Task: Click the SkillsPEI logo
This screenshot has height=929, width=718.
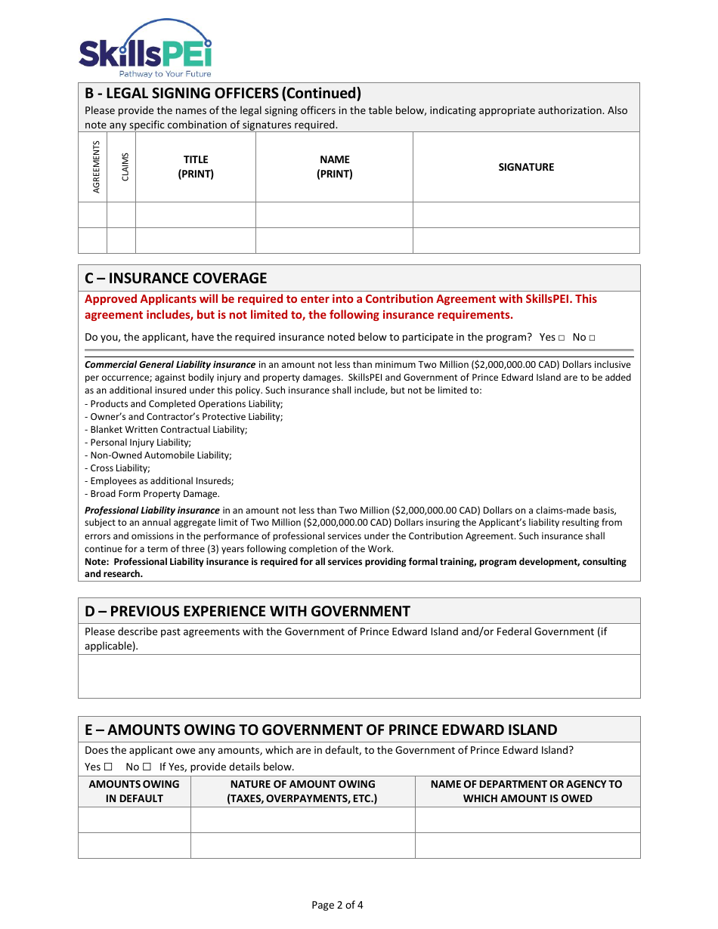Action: [x=145, y=48]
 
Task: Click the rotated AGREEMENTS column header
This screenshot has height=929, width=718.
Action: [x=96, y=167]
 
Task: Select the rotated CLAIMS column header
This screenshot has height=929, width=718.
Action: [x=125, y=167]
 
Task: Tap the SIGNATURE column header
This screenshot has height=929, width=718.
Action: [x=526, y=167]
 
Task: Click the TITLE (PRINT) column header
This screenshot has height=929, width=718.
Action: [x=196, y=167]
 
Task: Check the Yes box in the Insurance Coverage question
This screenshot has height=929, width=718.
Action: [x=562, y=338]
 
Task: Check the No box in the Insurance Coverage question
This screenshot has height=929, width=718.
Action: [x=592, y=338]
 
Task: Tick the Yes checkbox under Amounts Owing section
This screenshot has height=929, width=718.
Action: [x=107, y=767]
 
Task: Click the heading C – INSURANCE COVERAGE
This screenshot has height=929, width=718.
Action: [x=175, y=278]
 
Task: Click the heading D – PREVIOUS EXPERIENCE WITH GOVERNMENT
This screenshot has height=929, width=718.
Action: [x=247, y=611]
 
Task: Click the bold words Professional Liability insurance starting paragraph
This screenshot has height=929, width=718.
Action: [x=152, y=511]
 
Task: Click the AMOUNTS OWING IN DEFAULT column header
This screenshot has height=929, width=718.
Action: [x=135, y=791]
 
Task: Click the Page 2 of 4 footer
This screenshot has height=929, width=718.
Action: [x=337, y=905]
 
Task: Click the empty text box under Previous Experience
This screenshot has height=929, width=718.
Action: [x=359, y=676]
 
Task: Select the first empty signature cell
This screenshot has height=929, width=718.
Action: [x=526, y=215]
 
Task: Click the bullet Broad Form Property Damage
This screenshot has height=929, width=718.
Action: [x=154, y=494]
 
